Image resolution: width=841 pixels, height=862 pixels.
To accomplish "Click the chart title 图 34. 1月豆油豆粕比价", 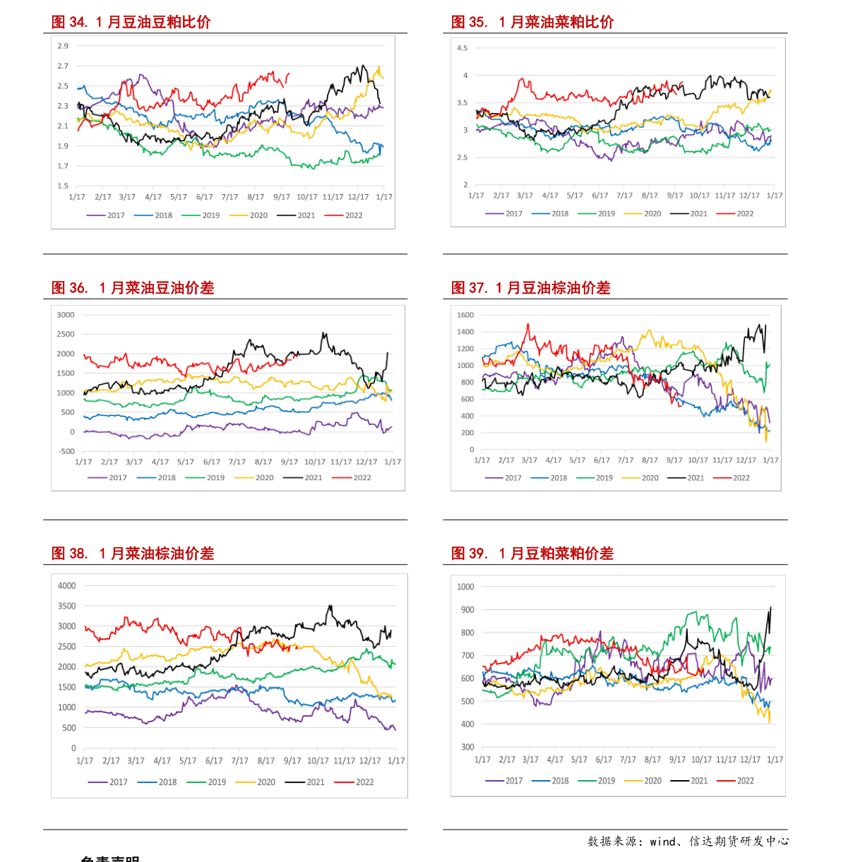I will [x=131, y=22].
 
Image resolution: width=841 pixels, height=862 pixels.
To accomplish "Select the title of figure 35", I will [x=532, y=22].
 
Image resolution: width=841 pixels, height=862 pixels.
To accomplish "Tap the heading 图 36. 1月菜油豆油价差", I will [x=132, y=287].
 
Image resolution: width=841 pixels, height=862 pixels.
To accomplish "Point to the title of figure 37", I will [x=530, y=287].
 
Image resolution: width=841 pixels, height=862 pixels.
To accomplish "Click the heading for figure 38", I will [x=132, y=553].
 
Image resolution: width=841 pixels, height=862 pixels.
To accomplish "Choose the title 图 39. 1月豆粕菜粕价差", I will [x=532, y=553].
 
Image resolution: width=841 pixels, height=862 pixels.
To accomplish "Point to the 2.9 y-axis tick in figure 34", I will [x=63, y=46].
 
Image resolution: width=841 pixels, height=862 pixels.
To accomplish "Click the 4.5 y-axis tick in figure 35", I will [x=462, y=48].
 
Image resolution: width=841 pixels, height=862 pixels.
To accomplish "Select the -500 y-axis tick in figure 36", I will [x=66, y=451].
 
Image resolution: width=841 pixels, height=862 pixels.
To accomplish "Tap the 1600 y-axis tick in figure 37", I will [x=465, y=315].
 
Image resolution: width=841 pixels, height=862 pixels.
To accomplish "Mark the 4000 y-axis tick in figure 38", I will [x=66, y=585].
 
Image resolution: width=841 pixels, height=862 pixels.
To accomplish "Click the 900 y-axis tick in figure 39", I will [x=466, y=609].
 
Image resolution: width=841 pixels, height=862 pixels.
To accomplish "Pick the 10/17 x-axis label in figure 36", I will [x=315, y=462].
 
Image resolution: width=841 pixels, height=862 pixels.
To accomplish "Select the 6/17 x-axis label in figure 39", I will [x=604, y=760].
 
